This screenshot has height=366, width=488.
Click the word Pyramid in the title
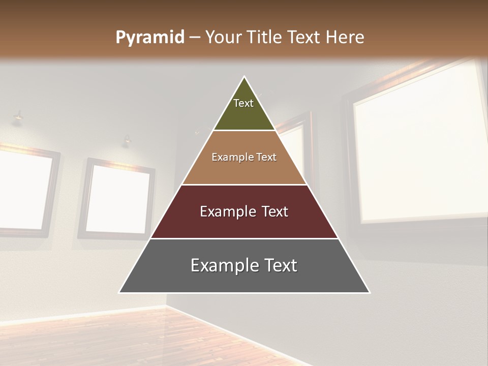click(x=150, y=38)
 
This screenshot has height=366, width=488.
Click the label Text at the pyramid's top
click(x=243, y=103)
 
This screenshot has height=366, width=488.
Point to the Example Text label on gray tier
click(x=244, y=265)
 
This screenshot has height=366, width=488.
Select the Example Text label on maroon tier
click(x=244, y=211)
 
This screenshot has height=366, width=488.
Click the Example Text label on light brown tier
click(x=244, y=157)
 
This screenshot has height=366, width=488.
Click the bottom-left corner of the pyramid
click(x=119, y=292)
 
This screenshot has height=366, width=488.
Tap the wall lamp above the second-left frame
click(x=127, y=140)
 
